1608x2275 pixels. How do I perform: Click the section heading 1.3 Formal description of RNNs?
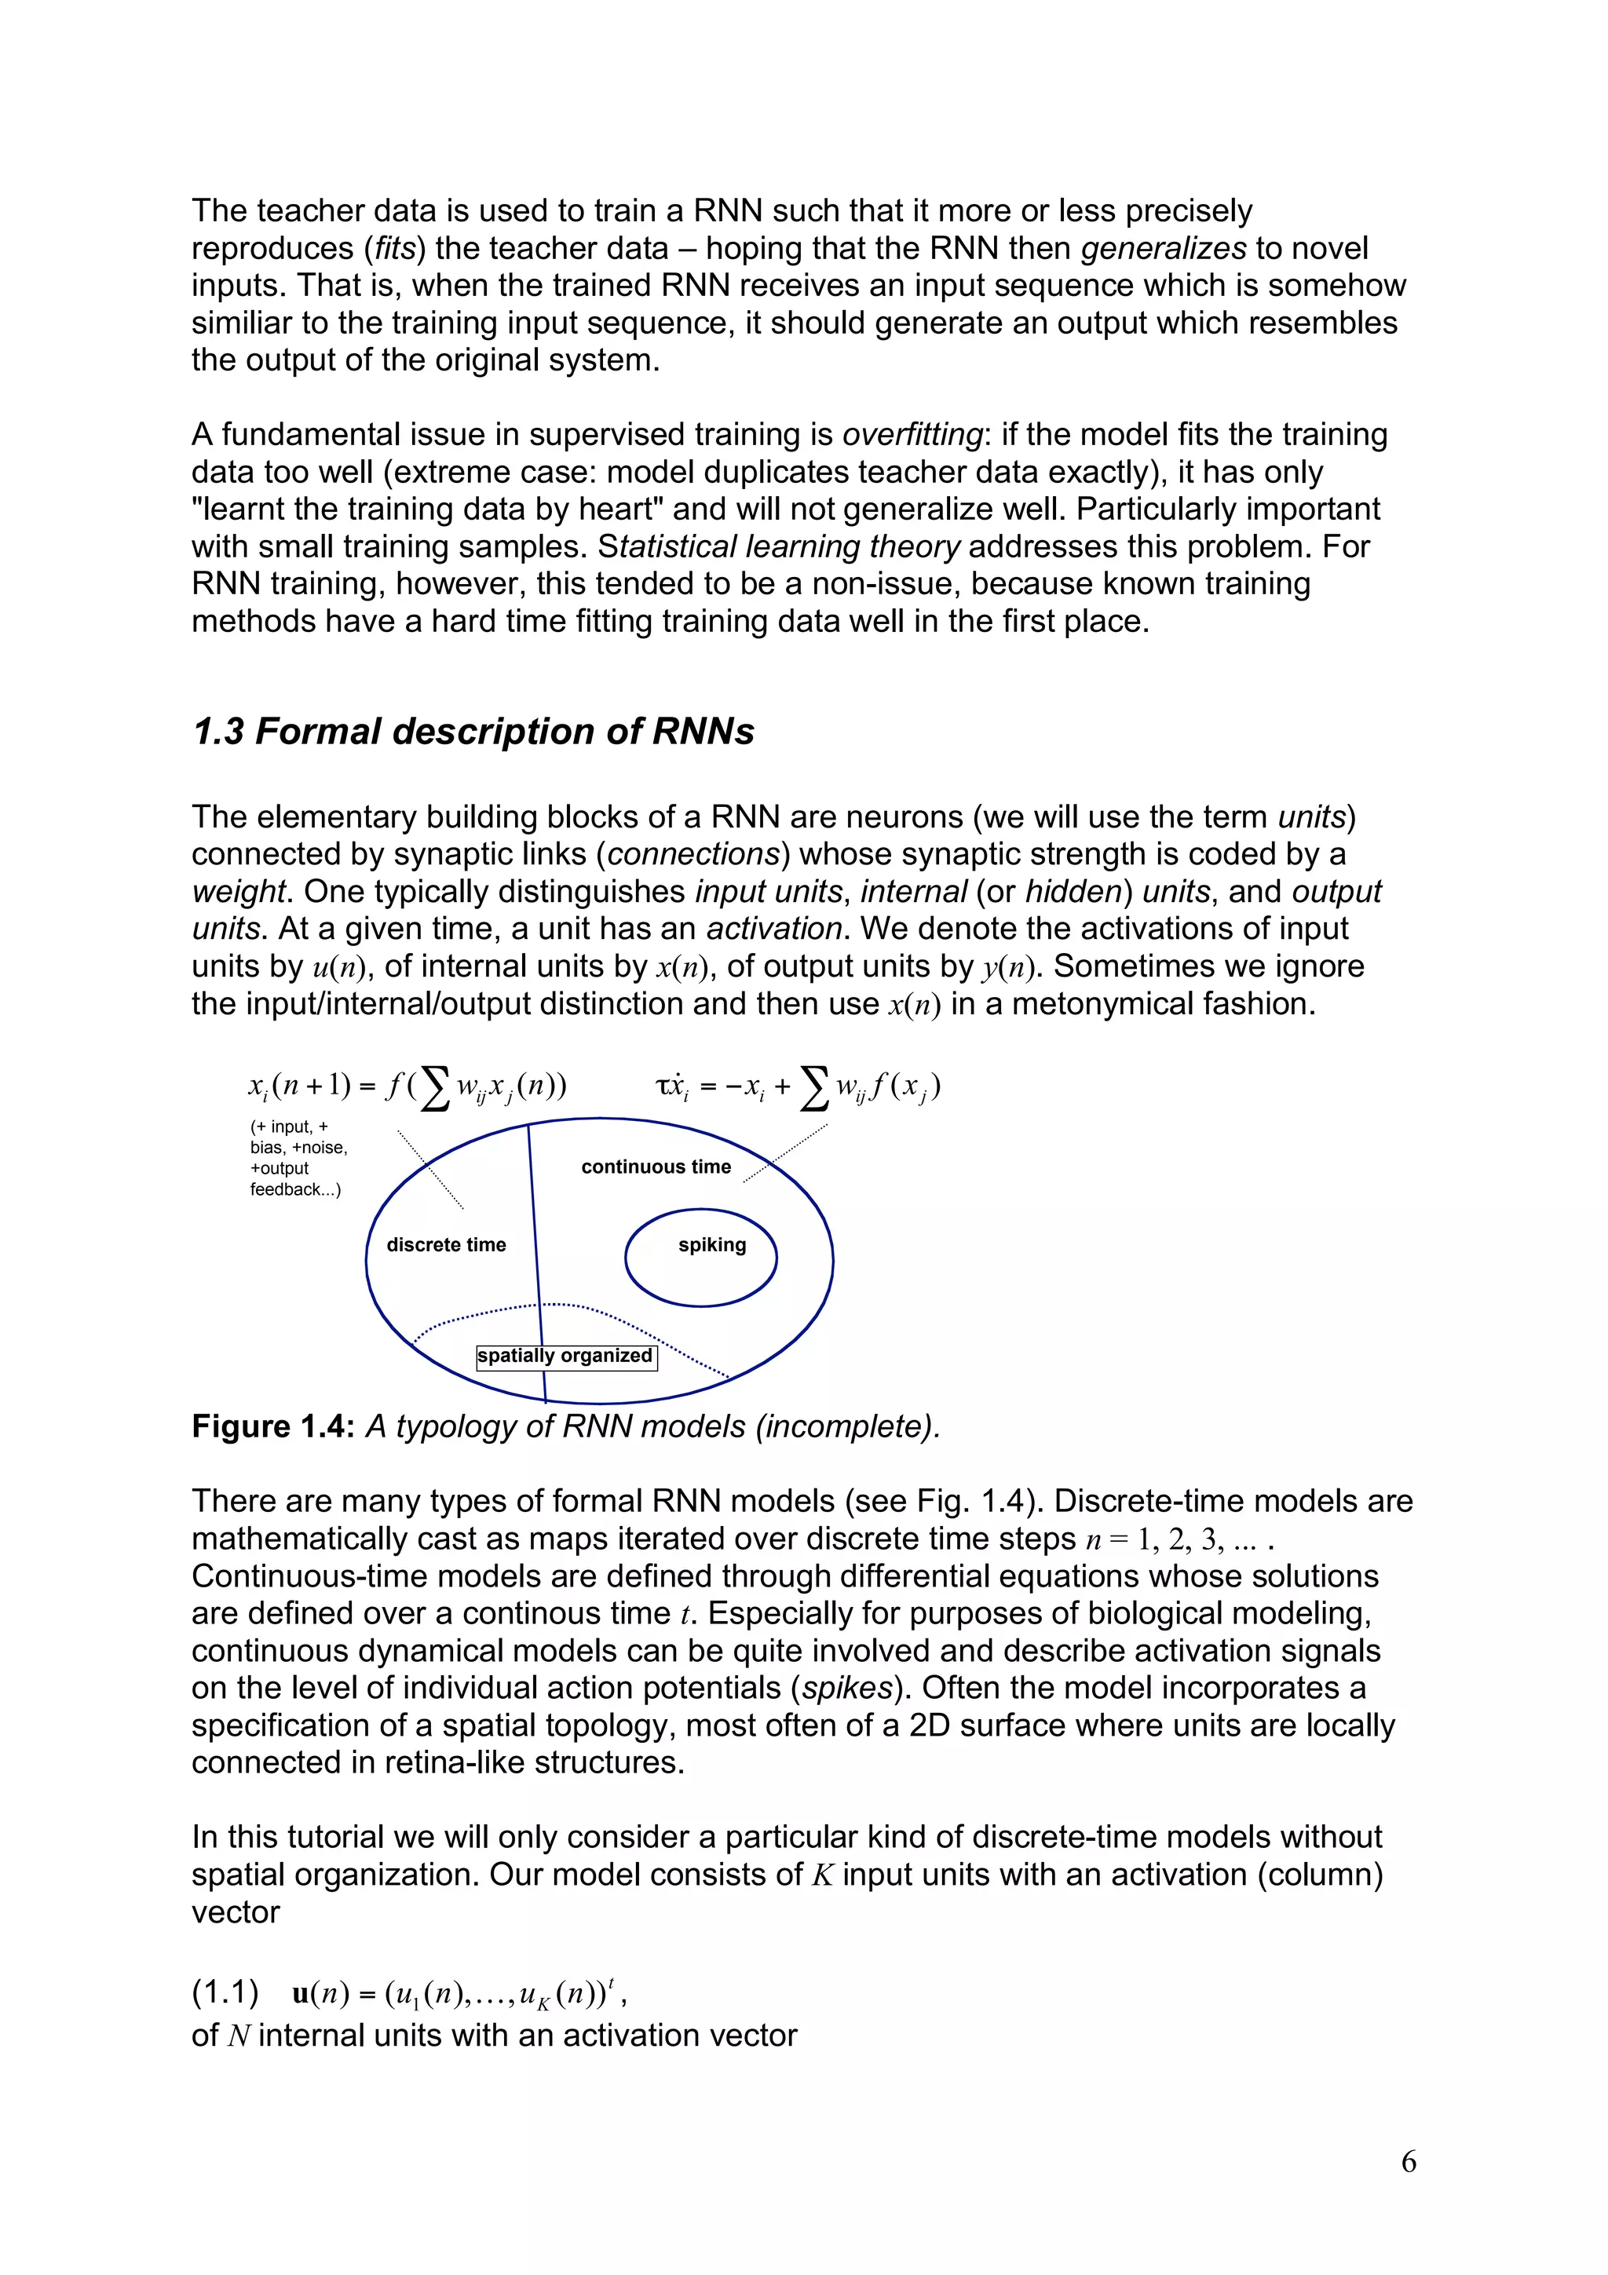(x=473, y=732)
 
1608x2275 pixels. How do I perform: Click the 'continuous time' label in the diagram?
(x=656, y=1167)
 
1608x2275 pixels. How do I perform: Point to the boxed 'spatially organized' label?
(x=566, y=1356)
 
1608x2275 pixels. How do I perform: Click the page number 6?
(x=1408, y=2161)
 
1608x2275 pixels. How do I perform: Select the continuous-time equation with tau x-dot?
(x=798, y=1087)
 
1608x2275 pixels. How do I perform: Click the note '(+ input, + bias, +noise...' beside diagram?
(x=298, y=1157)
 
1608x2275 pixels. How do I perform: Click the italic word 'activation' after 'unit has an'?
(x=774, y=929)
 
